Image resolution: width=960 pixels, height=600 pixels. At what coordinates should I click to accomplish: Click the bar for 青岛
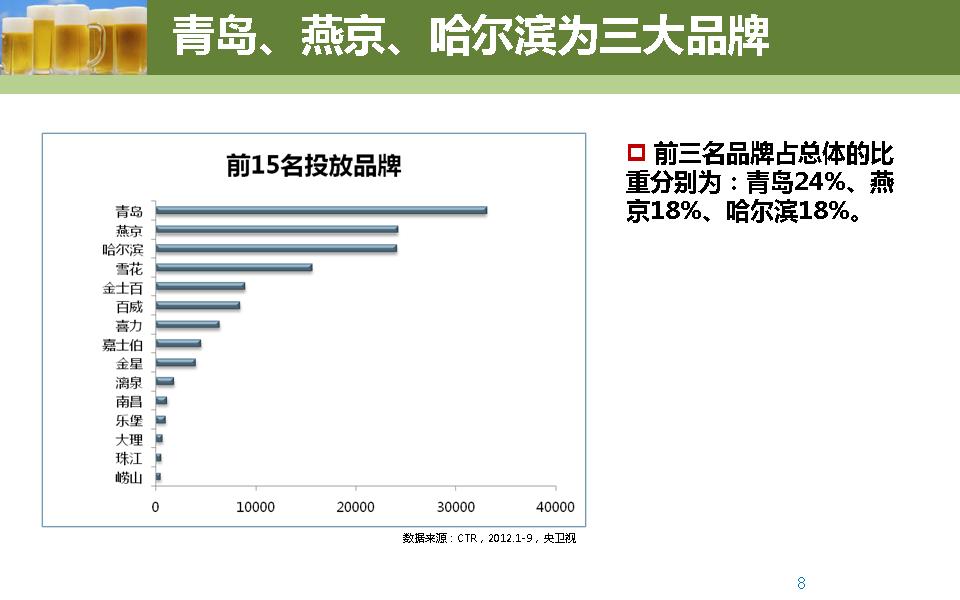pyautogui.click(x=320, y=210)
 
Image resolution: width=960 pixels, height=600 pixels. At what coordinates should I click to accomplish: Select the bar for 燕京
pyautogui.click(x=276, y=229)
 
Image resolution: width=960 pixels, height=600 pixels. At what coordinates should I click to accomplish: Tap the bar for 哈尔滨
pyautogui.click(x=276, y=248)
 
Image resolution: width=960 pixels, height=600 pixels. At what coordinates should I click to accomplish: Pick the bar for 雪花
pyautogui.click(x=234, y=267)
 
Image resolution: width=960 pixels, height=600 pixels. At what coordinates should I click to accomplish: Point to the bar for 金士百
pyautogui.click(x=200, y=286)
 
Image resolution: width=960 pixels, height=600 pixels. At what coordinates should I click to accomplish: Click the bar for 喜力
pyautogui.click(x=187, y=324)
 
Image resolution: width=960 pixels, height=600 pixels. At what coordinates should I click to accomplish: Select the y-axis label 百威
pyautogui.click(x=129, y=306)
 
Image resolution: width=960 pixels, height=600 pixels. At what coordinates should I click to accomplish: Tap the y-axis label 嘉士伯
pyautogui.click(x=123, y=344)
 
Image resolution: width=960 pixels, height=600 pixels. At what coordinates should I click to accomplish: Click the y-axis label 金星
pyautogui.click(x=129, y=363)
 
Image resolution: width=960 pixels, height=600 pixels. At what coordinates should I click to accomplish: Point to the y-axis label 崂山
pyautogui.click(x=129, y=477)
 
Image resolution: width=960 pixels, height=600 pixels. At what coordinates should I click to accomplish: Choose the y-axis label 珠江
pyautogui.click(x=129, y=458)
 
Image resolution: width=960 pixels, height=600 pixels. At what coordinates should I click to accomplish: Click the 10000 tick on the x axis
pyautogui.click(x=255, y=507)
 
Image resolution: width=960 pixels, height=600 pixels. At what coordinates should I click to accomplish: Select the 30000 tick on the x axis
pyautogui.click(x=455, y=507)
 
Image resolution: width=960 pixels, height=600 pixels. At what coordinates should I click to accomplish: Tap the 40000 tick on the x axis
pyautogui.click(x=555, y=507)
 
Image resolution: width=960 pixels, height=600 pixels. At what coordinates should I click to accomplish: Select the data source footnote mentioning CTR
pyautogui.click(x=489, y=538)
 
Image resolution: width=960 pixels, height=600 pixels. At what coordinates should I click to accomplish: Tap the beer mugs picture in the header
pyautogui.click(x=74, y=37)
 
